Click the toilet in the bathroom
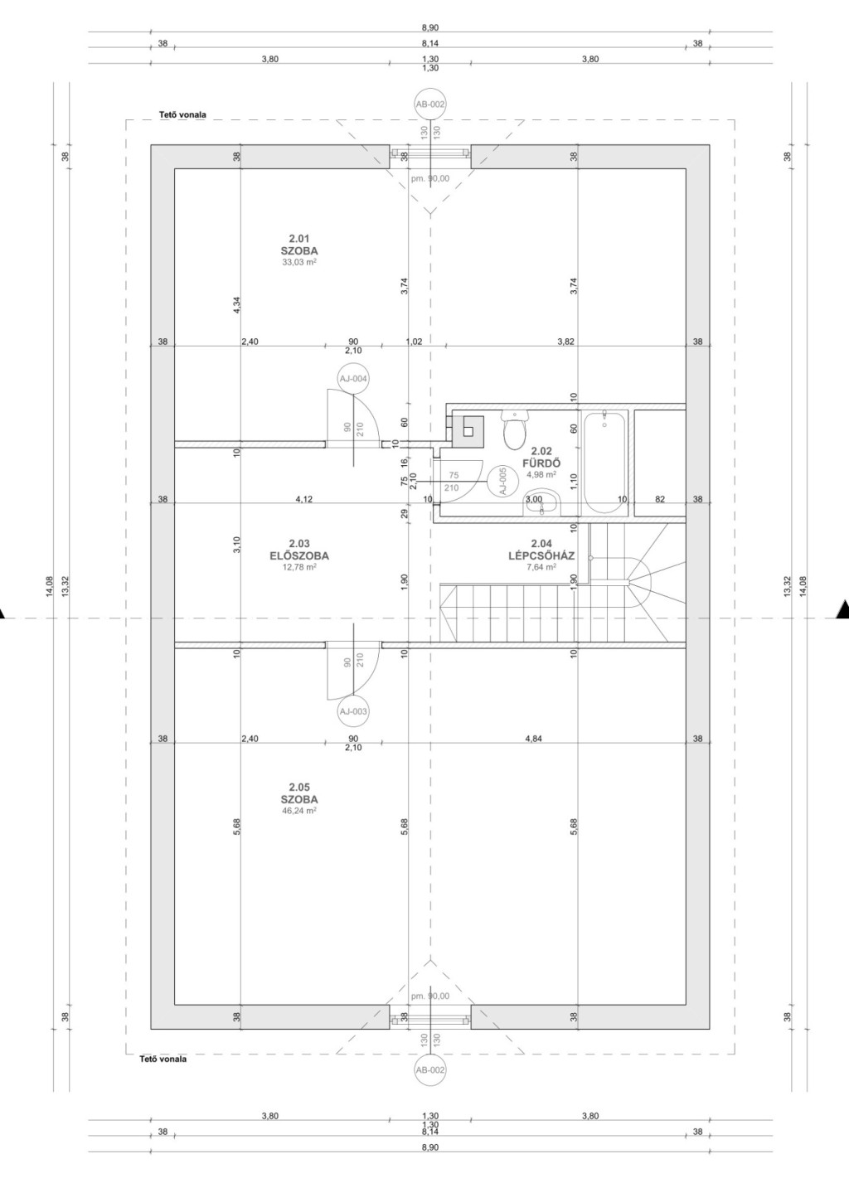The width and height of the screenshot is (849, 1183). [515, 429]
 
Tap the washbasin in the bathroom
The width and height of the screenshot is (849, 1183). [541, 502]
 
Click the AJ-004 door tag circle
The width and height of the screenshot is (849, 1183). [353, 378]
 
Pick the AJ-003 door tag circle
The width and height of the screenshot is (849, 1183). [353, 711]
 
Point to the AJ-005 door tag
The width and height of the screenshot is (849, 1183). [502, 481]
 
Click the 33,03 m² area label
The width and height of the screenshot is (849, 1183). [299, 261]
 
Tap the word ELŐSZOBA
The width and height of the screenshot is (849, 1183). [299, 555]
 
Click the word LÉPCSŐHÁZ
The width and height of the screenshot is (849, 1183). [541, 555]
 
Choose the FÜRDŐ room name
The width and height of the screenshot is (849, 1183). [541, 463]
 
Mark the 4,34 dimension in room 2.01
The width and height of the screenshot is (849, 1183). [236, 305]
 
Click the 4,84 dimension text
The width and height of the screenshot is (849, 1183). [534, 739]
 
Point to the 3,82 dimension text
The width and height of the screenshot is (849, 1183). [565, 342]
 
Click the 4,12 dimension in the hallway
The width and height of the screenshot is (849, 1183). [304, 499]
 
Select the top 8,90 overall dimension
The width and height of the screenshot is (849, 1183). [430, 27]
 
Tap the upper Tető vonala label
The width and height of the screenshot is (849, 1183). [182, 114]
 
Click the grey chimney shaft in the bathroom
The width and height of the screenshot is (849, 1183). [468, 431]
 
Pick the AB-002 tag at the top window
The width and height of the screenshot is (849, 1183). [430, 104]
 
